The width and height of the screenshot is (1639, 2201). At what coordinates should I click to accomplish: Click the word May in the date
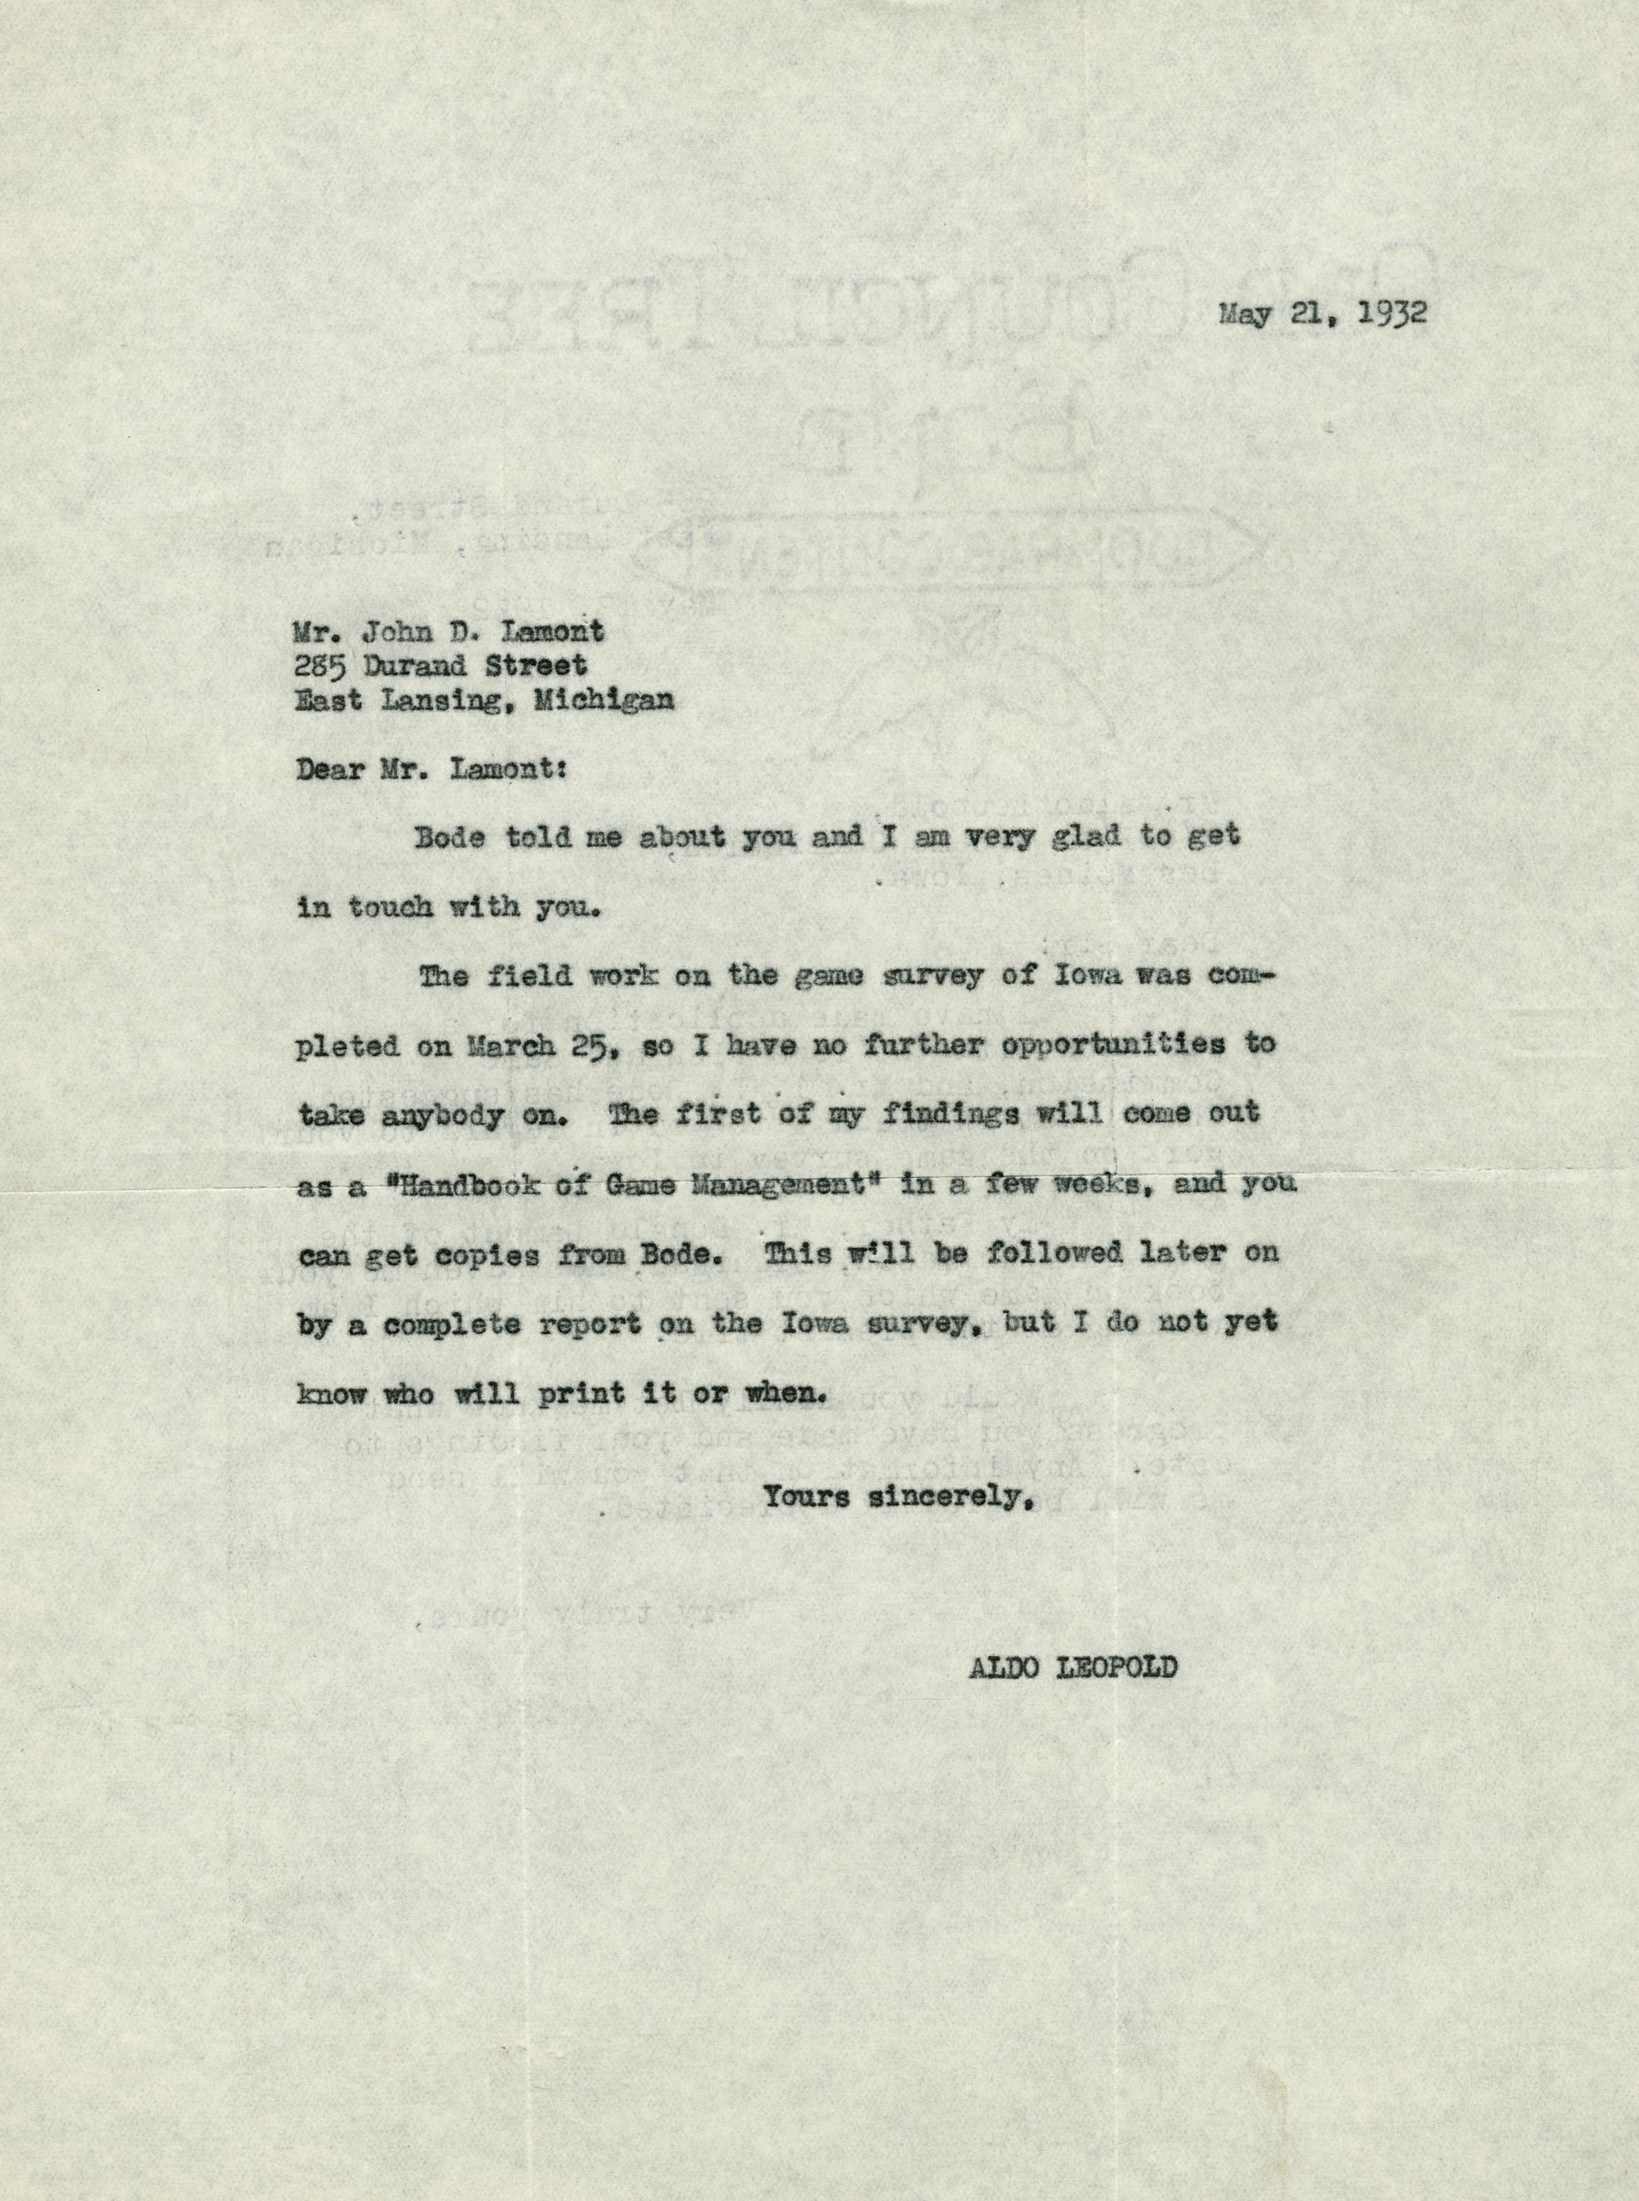pyautogui.click(x=1244, y=314)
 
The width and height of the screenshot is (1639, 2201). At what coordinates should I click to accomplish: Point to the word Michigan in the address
pyautogui.click(x=604, y=700)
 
